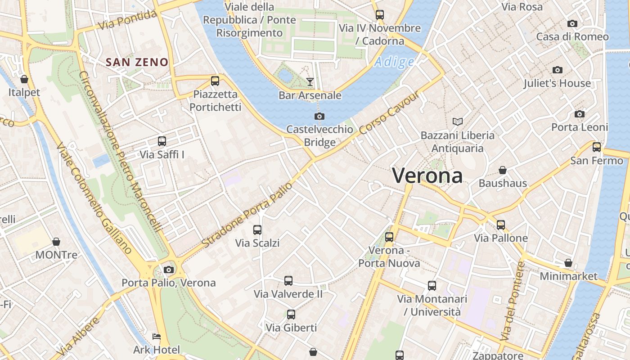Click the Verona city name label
coord(427,175)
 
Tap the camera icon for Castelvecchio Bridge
coord(319,117)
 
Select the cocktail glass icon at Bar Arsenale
coord(310,82)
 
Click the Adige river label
coord(394,62)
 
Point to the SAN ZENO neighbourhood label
coord(137,63)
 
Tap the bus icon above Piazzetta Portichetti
coord(215,81)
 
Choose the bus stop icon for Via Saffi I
coord(162,141)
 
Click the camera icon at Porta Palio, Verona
coord(169,270)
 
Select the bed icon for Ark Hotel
coord(156,337)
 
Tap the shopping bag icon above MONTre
coord(56,242)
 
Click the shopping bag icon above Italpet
coord(24,79)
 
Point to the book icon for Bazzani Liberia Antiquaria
coord(458,121)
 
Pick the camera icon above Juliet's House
coord(558,70)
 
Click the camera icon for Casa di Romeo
coord(572,23)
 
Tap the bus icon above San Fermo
coord(597,147)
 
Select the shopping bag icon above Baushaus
coord(503,170)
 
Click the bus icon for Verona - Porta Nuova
coord(389,237)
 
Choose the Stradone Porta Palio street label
coord(247,214)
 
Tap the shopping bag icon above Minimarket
coord(568,263)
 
